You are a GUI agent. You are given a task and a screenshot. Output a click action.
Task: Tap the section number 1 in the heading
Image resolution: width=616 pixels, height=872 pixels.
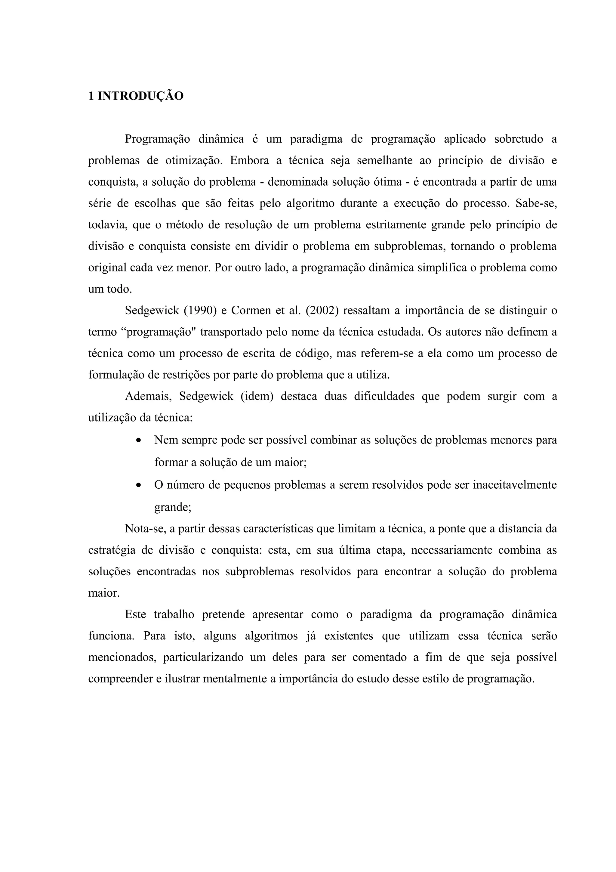[91, 96]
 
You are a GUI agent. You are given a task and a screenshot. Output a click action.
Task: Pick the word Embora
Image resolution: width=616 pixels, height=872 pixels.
[249, 161]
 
